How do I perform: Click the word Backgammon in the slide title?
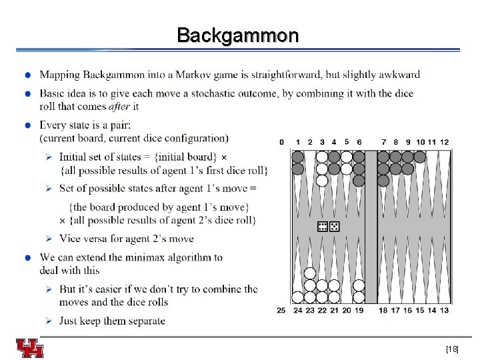(x=238, y=35)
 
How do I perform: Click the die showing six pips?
(x=322, y=226)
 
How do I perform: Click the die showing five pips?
(x=334, y=226)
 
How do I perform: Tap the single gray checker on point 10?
(x=419, y=157)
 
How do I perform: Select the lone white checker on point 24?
(x=297, y=297)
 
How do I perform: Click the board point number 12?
(x=444, y=142)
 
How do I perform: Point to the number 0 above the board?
(x=281, y=142)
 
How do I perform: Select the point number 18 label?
(x=383, y=310)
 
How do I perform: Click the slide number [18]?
(x=452, y=349)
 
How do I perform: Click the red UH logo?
(x=30, y=349)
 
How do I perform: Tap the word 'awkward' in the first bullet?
(x=399, y=75)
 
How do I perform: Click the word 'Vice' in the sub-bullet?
(x=71, y=239)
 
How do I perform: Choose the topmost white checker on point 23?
(x=309, y=273)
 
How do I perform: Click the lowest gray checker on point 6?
(x=359, y=180)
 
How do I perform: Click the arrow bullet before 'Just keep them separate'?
(x=49, y=321)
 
